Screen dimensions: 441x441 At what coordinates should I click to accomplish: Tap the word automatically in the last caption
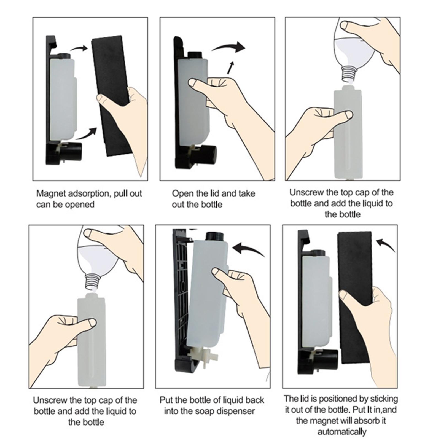pos(342,431)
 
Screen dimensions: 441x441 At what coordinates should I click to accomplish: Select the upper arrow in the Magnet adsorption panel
pos(79,48)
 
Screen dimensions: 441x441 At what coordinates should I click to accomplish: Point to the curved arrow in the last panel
pos(386,244)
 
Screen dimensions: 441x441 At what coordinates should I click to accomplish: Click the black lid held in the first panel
pos(112,95)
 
